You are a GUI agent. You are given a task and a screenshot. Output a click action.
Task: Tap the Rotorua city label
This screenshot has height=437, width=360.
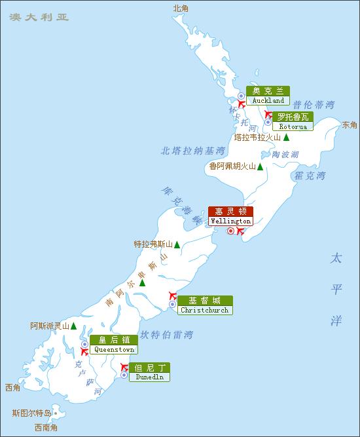pyautogui.click(x=293, y=121)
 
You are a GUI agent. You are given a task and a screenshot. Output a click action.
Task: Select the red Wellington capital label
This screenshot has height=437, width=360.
pyautogui.click(x=230, y=216)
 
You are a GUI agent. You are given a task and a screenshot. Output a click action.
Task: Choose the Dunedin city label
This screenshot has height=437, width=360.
pyautogui.click(x=149, y=372)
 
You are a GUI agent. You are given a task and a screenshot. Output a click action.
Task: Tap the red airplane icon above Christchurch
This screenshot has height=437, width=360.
pyautogui.click(x=173, y=295)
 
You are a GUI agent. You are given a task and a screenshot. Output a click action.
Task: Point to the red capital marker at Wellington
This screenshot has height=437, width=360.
pyautogui.click(x=230, y=231)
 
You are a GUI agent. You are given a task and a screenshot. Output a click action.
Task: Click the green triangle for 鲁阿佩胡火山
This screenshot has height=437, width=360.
pyautogui.click(x=261, y=167)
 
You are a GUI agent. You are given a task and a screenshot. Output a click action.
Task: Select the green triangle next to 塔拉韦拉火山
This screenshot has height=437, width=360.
pyautogui.click(x=287, y=138)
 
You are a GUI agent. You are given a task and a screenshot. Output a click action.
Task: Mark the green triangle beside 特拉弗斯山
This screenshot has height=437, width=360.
pyautogui.click(x=177, y=245)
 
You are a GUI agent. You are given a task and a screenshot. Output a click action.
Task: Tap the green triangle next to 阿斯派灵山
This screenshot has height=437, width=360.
pyautogui.click(x=74, y=326)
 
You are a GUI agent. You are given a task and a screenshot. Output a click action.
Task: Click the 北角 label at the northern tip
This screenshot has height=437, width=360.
pyautogui.click(x=180, y=8)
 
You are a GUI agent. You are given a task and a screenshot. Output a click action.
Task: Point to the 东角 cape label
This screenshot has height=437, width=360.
pyautogui.click(x=350, y=124)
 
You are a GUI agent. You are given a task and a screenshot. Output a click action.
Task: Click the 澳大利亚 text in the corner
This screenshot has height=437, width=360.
pyautogui.click(x=39, y=16)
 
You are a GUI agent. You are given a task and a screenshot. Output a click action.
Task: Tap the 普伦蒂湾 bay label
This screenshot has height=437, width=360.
pyautogui.click(x=313, y=104)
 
